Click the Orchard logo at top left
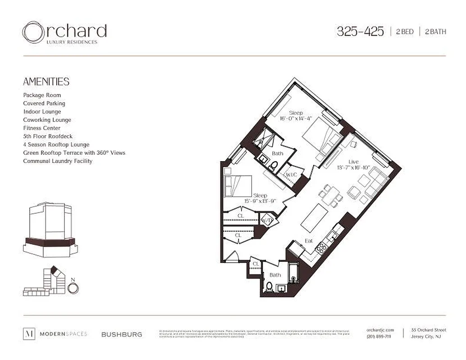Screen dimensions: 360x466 pyautogui.click(x=64, y=33)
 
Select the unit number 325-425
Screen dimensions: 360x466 pyautogui.click(x=360, y=31)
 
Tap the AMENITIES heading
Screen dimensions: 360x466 pyautogui.click(x=46, y=81)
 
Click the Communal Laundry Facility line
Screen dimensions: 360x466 pyautogui.click(x=58, y=161)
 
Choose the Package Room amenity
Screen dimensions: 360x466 pyautogui.click(x=42, y=95)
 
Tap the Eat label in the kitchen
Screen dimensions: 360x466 pyautogui.click(x=308, y=241)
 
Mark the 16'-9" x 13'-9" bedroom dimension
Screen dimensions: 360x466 pyautogui.click(x=260, y=201)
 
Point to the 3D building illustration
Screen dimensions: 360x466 pyautogui.click(x=50, y=229)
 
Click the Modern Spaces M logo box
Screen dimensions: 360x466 pyautogui.click(x=29, y=334)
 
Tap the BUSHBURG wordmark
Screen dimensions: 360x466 pyautogui.click(x=122, y=334)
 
